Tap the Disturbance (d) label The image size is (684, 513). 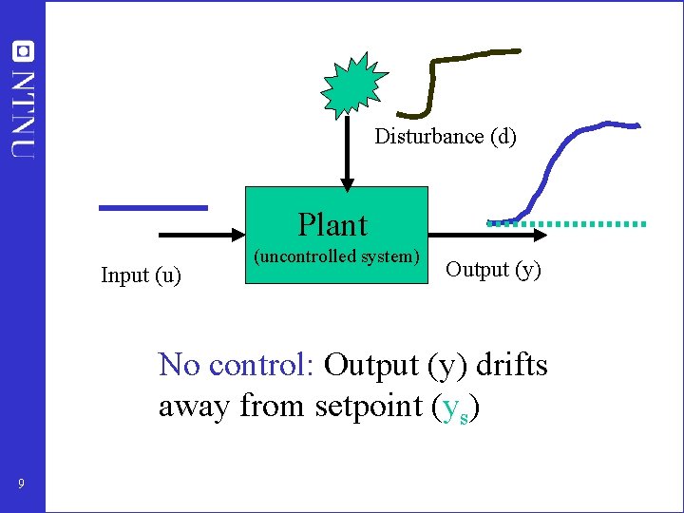(x=446, y=137)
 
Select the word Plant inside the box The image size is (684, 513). (x=332, y=225)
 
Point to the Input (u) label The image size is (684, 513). (x=142, y=275)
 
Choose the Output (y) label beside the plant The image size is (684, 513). (x=493, y=270)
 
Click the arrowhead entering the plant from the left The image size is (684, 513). (x=237, y=233)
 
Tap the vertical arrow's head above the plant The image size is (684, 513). (x=348, y=181)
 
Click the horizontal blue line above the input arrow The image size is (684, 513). (x=153, y=206)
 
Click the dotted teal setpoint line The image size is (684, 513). (x=589, y=223)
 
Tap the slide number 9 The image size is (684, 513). (x=22, y=485)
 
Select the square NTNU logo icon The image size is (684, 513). (x=23, y=52)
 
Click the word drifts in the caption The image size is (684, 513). (x=512, y=365)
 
